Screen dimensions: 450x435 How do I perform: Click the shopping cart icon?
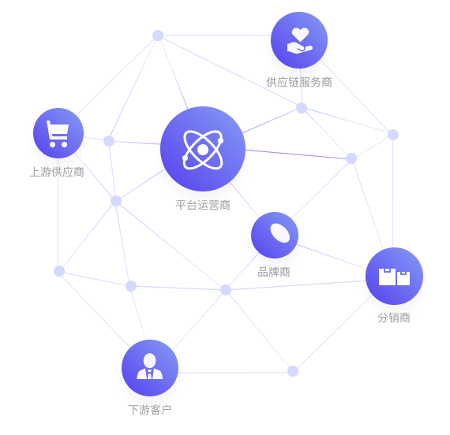click(58, 134)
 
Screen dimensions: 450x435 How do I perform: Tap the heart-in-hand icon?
click(299, 40)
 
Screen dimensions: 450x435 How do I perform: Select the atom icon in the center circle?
click(203, 149)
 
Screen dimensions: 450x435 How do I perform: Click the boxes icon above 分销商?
click(394, 277)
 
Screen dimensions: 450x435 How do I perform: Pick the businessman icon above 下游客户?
click(150, 366)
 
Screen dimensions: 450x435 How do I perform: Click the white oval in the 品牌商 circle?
click(280, 233)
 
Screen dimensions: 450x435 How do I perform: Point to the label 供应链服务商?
click(299, 82)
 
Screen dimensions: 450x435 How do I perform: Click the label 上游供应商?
click(57, 172)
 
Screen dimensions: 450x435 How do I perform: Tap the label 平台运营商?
click(203, 205)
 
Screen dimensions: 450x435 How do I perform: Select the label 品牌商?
click(274, 272)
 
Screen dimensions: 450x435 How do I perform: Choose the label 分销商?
click(394, 318)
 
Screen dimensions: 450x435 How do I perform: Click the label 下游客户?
click(150, 410)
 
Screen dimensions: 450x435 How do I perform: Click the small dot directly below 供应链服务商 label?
click(302, 108)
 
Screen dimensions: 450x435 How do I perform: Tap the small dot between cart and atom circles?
click(109, 141)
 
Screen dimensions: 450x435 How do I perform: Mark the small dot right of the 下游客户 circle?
click(293, 371)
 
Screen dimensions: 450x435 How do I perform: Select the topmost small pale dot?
click(158, 35)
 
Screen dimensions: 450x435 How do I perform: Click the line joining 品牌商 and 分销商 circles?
click(331, 257)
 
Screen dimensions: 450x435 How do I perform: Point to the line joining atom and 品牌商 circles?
click(244, 199)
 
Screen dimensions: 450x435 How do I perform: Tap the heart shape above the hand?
click(300, 34)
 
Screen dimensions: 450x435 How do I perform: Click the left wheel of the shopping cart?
click(53, 144)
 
